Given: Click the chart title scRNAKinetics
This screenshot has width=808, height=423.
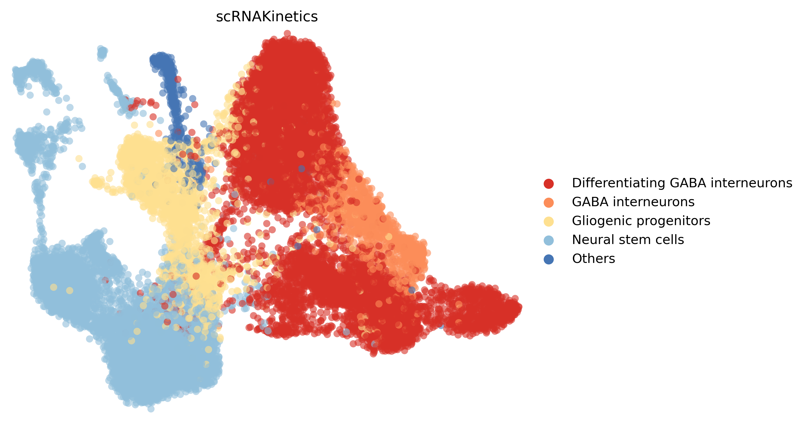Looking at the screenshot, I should (x=267, y=17).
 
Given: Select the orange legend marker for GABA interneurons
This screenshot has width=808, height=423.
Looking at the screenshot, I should (x=549, y=202).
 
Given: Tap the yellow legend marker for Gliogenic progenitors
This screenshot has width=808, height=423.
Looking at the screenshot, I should (x=549, y=221).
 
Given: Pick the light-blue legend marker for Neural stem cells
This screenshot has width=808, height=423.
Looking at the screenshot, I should (x=549, y=240).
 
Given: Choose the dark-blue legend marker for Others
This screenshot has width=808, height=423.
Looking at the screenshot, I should (x=549, y=259).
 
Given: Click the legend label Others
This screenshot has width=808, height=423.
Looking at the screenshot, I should (x=593, y=259).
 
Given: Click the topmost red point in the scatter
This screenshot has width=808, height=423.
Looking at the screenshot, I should (x=287, y=33).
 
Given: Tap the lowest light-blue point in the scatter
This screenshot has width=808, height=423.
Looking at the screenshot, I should (x=151, y=408).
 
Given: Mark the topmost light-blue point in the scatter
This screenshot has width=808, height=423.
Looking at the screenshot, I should (x=101, y=49).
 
